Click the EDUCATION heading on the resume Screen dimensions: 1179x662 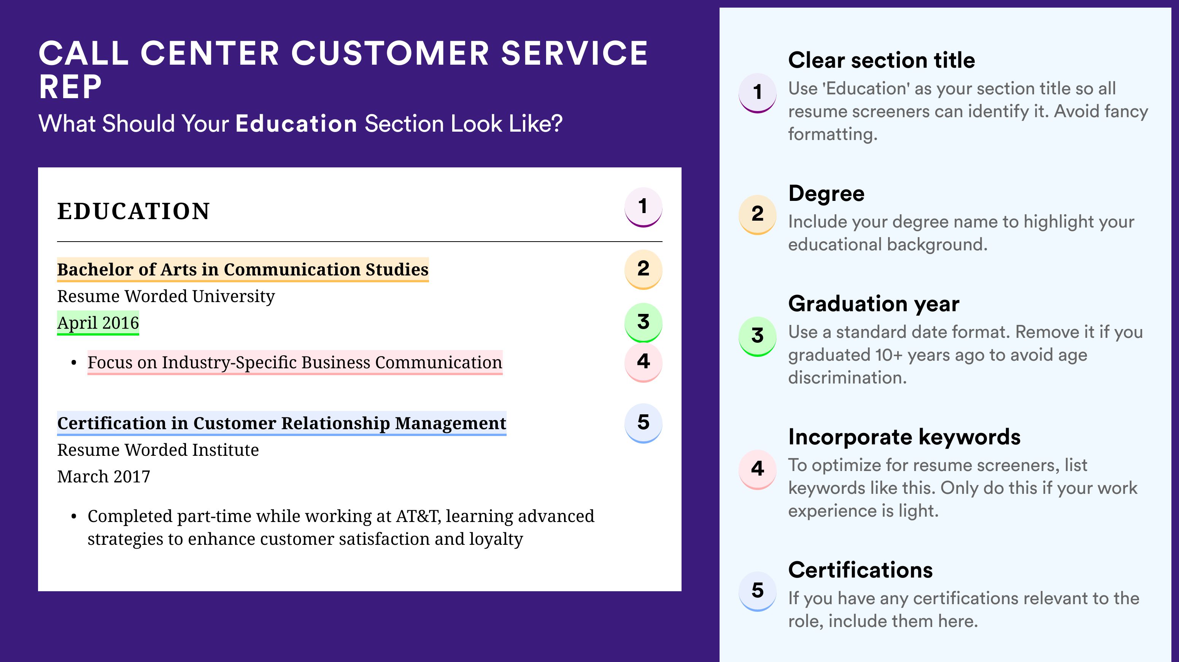133,211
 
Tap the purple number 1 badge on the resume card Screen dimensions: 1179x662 643,207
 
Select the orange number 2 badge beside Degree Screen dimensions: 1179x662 758,214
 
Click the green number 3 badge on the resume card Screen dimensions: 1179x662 643,322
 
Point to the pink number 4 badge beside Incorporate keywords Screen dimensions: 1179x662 758,469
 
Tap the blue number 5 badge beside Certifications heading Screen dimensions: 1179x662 758,591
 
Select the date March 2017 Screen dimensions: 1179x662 103,477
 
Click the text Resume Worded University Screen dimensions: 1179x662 166,296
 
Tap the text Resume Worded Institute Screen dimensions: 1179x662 158,450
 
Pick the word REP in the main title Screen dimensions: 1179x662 70,87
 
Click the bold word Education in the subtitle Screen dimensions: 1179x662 296,124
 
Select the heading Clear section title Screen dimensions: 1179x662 882,60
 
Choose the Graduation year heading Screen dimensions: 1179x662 874,304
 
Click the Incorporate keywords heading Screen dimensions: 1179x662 904,437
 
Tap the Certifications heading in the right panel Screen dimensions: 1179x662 860,570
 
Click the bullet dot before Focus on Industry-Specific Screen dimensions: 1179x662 74,363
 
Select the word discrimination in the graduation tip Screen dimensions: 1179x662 847,378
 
